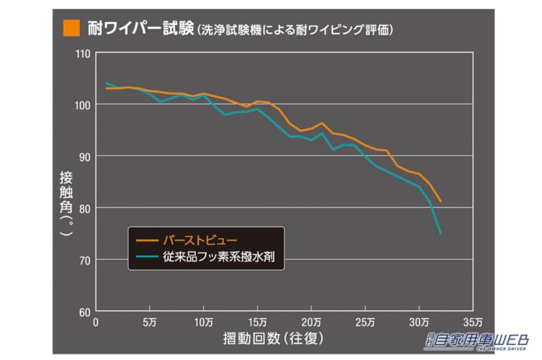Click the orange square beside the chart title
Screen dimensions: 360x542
70,28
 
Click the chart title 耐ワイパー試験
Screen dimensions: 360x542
140,28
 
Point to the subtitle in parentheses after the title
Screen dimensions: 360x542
295,30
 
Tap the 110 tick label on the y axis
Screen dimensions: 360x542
83,53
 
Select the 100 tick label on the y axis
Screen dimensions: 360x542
83,104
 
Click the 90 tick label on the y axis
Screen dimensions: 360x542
85,156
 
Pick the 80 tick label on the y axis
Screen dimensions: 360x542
85,208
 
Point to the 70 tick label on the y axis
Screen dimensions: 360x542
85,260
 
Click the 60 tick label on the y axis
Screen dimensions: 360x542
85,311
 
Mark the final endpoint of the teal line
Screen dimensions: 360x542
440,233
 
